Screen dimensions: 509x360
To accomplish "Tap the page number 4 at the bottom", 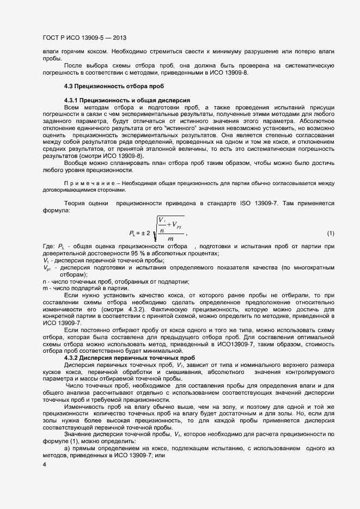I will pyautogui.click(x=44, y=464).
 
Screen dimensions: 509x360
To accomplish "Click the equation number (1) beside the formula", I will pyautogui.click(x=331, y=234).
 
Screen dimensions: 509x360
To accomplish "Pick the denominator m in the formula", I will pyautogui.click(x=170, y=238).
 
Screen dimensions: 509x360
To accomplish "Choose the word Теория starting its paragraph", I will pyautogui.click(x=77, y=203).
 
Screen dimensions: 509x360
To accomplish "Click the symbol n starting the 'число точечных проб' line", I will pyautogui.click(x=44, y=281).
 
